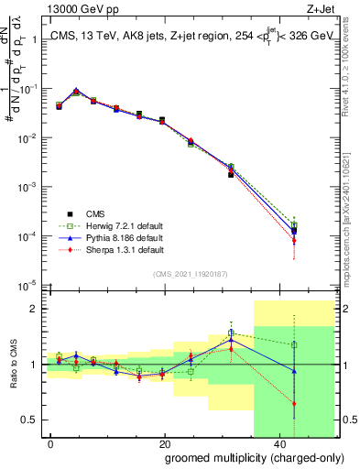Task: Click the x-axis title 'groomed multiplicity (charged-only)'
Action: point(242,458)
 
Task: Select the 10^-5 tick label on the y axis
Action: point(28,286)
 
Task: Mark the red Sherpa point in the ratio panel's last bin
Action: point(294,403)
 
